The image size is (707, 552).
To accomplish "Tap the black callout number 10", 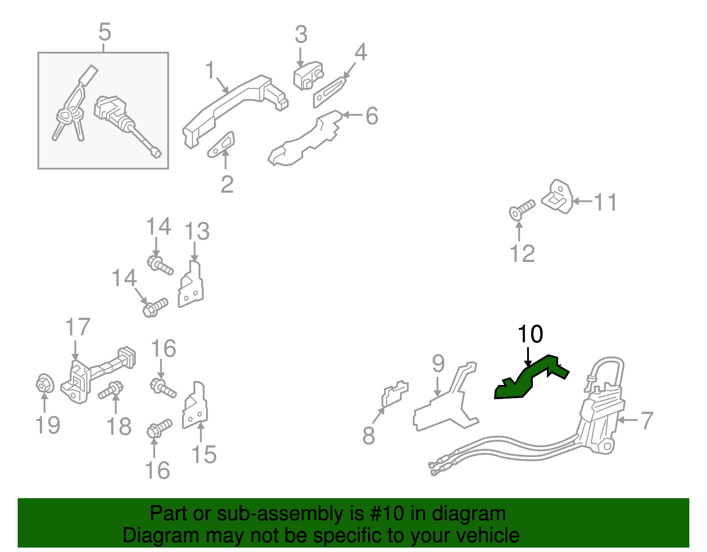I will click(x=530, y=335).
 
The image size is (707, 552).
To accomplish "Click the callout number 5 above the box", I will click(x=104, y=33).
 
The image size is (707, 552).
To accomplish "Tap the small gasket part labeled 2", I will click(x=221, y=144).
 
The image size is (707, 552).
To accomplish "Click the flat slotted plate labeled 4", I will click(x=329, y=92).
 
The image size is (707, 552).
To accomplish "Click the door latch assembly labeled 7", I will click(x=601, y=420).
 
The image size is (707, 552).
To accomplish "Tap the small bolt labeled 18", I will click(x=110, y=390).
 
